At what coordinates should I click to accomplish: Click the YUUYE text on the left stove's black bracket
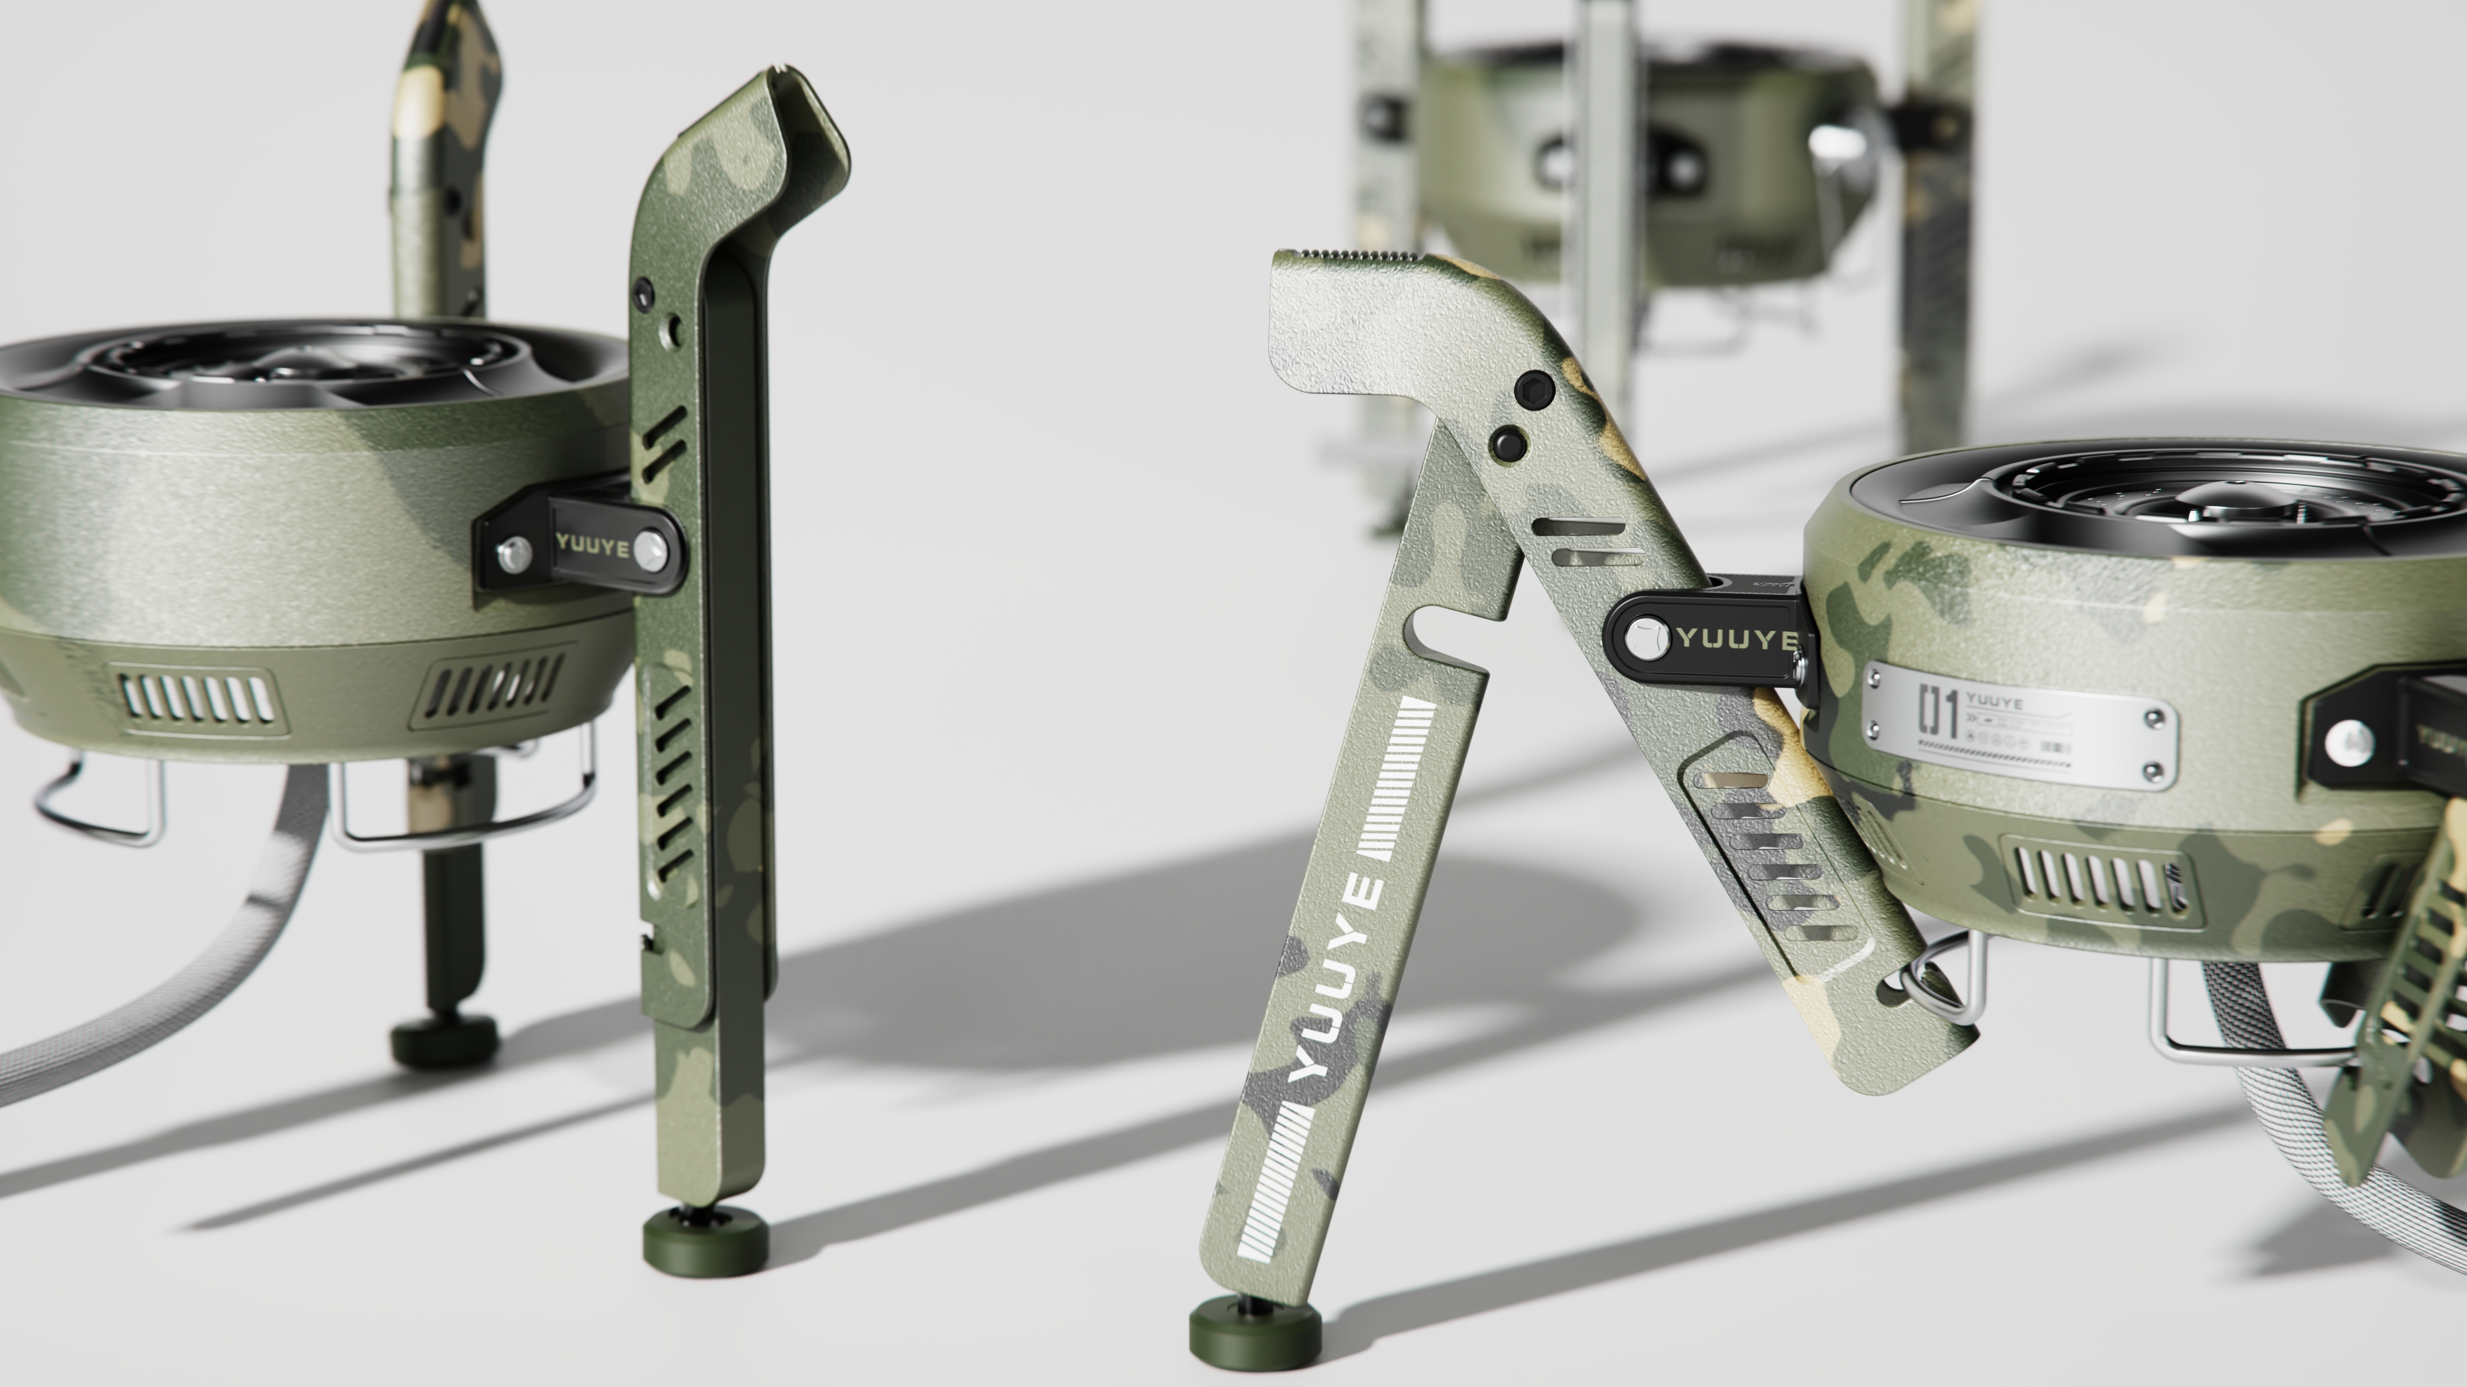coord(593,547)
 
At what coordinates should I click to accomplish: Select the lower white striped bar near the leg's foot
coord(1274,1183)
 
